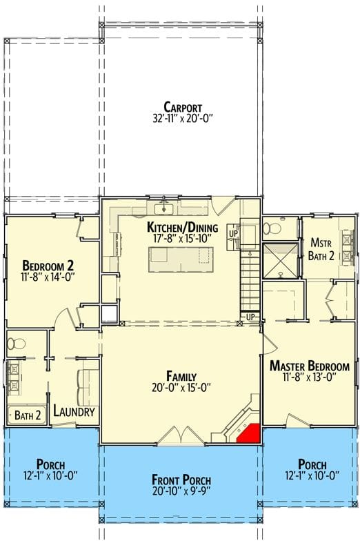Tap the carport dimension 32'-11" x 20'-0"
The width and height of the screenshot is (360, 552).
click(x=183, y=118)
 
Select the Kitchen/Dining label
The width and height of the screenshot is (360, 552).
click(x=183, y=228)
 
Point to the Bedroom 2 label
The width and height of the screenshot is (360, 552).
click(x=48, y=266)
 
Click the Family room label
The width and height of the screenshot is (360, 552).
click(x=182, y=376)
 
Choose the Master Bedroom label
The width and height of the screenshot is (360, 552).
click(x=309, y=366)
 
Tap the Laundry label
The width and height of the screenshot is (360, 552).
click(x=74, y=412)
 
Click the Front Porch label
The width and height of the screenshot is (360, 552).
click(x=183, y=480)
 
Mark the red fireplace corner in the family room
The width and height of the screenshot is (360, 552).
click(x=248, y=433)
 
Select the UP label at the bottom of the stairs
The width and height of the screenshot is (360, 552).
click(x=251, y=317)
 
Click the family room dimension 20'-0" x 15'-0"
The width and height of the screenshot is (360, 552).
click(x=182, y=388)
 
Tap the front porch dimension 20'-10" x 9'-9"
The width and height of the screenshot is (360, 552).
click(x=183, y=492)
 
